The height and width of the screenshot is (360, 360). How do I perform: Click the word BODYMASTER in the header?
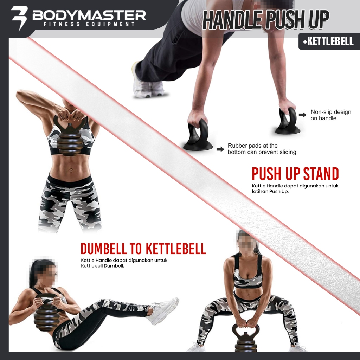coord(89,15)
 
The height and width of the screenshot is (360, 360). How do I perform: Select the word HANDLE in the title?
coord(233,20)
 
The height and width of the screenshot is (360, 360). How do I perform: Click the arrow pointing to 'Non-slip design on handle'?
coord(302,115)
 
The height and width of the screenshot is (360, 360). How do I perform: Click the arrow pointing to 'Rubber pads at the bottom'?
coord(220,149)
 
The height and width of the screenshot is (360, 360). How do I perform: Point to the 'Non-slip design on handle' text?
coord(330,115)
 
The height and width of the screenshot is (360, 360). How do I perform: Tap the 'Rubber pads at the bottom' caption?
coord(262,149)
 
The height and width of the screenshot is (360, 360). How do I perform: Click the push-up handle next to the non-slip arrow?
coord(287,121)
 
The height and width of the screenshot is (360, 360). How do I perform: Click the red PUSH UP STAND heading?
coord(295,174)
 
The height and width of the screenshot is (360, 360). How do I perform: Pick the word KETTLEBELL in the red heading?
coord(176,249)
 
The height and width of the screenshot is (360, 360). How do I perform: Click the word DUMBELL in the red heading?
coord(104,249)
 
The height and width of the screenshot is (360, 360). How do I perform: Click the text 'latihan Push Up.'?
coord(270,192)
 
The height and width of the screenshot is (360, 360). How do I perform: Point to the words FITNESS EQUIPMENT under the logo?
coord(89,25)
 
